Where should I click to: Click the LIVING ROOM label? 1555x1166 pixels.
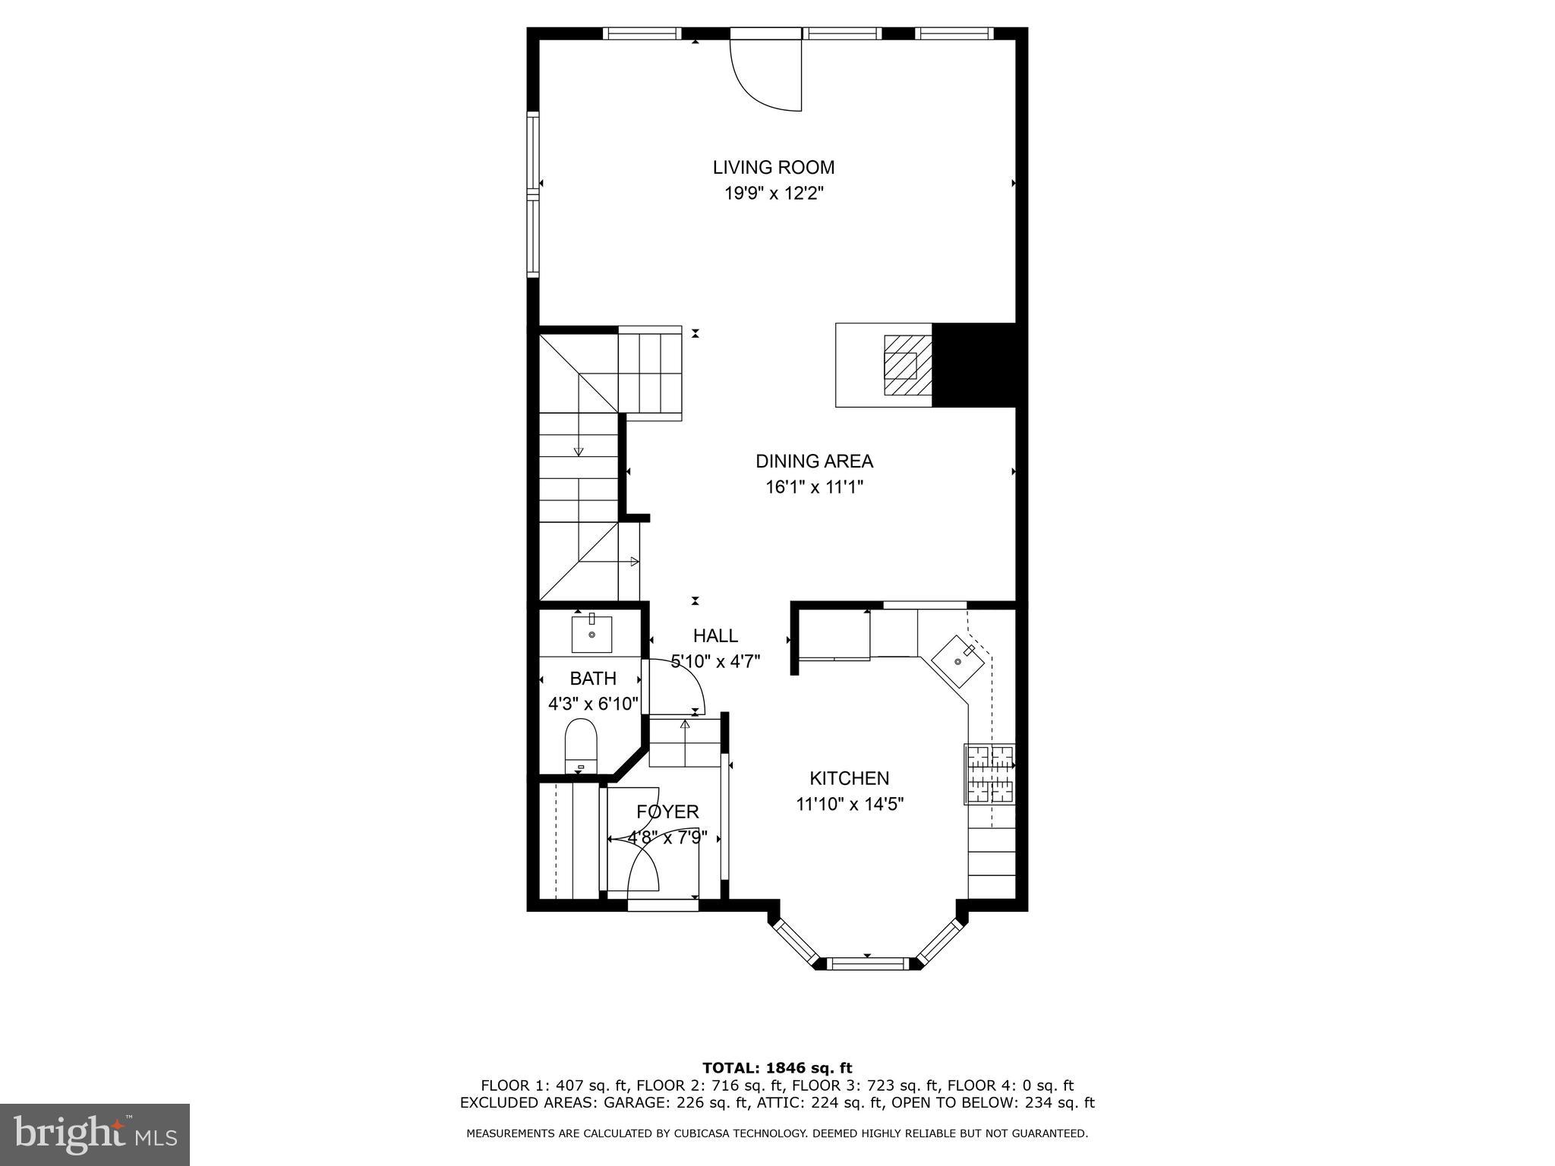(x=773, y=167)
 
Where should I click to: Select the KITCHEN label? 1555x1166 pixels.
(x=849, y=778)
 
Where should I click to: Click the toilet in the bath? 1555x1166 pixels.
(x=582, y=744)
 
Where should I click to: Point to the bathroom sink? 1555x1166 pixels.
(x=591, y=635)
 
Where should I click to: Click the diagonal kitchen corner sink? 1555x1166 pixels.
(x=958, y=660)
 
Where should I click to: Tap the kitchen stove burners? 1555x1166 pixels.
(x=989, y=774)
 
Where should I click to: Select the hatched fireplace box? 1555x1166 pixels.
(x=907, y=365)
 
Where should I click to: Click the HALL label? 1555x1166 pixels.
(x=714, y=636)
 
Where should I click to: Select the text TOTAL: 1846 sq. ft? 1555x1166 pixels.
(x=777, y=1069)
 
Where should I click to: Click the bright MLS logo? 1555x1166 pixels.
(x=95, y=1134)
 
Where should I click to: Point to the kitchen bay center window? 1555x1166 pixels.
(x=866, y=964)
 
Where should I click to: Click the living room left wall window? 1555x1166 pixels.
(x=533, y=194)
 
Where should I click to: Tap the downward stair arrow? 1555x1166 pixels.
(x=579, y=451)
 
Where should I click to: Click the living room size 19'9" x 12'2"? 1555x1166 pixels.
(x=773, y=194)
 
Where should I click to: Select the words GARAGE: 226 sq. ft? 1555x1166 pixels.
(x=680, y=1103)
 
